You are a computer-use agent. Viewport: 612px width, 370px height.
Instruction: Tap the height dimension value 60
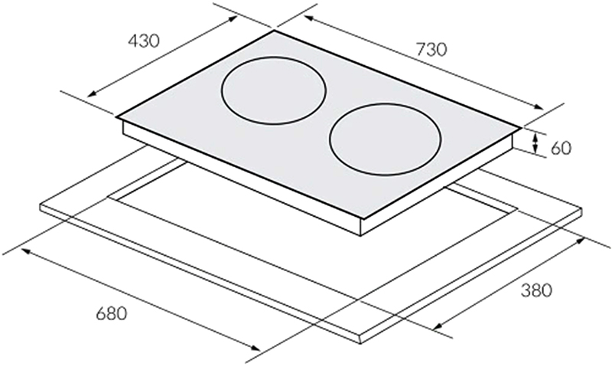coord(562,147)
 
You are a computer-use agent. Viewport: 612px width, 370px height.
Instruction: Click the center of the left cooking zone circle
coord(274,92)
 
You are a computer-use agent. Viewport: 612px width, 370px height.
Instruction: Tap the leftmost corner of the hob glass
coord(117,118)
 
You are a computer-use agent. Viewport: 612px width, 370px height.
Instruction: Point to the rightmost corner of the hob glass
coord(523,127)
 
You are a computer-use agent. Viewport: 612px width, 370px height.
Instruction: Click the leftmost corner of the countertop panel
coord(38,205)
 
